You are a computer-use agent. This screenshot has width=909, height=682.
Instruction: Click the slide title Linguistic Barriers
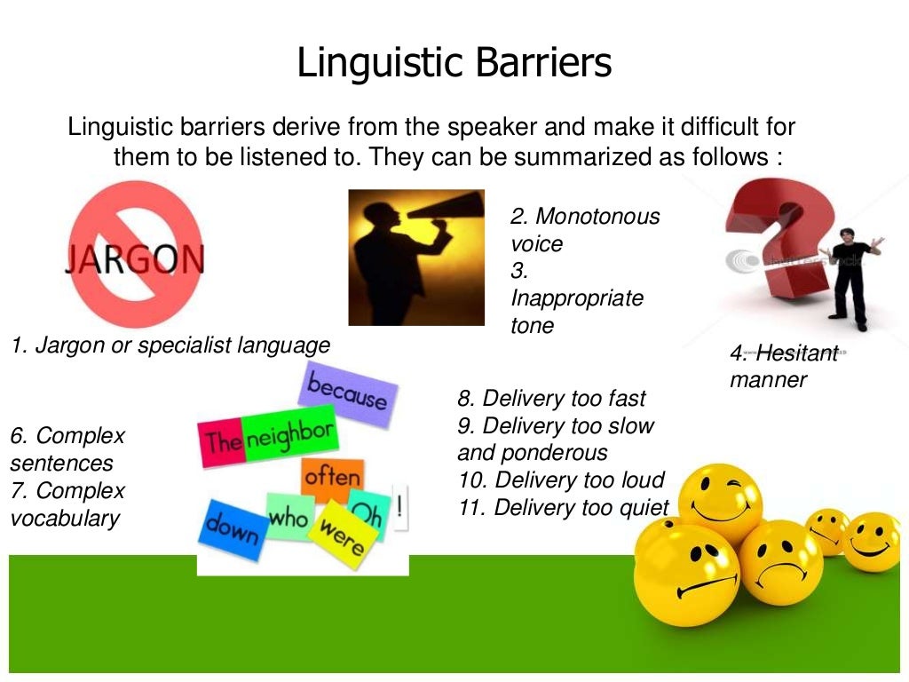454,64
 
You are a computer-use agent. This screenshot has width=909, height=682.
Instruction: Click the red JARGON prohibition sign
135,255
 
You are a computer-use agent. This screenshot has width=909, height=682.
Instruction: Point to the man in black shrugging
850,272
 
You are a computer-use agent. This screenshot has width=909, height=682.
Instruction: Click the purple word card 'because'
348,392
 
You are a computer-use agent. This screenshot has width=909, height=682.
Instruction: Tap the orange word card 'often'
332,478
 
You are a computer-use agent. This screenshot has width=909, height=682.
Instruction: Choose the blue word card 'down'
232,528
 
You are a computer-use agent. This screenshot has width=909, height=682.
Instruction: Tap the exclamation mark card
401,508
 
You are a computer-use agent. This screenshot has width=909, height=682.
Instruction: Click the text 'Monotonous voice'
584,229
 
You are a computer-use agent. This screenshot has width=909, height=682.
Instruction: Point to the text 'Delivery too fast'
551,398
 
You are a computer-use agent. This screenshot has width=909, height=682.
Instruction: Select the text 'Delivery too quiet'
564,508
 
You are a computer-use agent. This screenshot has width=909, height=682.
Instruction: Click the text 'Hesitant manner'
781,366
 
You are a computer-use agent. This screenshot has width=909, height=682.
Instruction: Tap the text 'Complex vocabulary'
67,504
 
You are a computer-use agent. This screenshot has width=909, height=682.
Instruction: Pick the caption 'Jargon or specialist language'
170,345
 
